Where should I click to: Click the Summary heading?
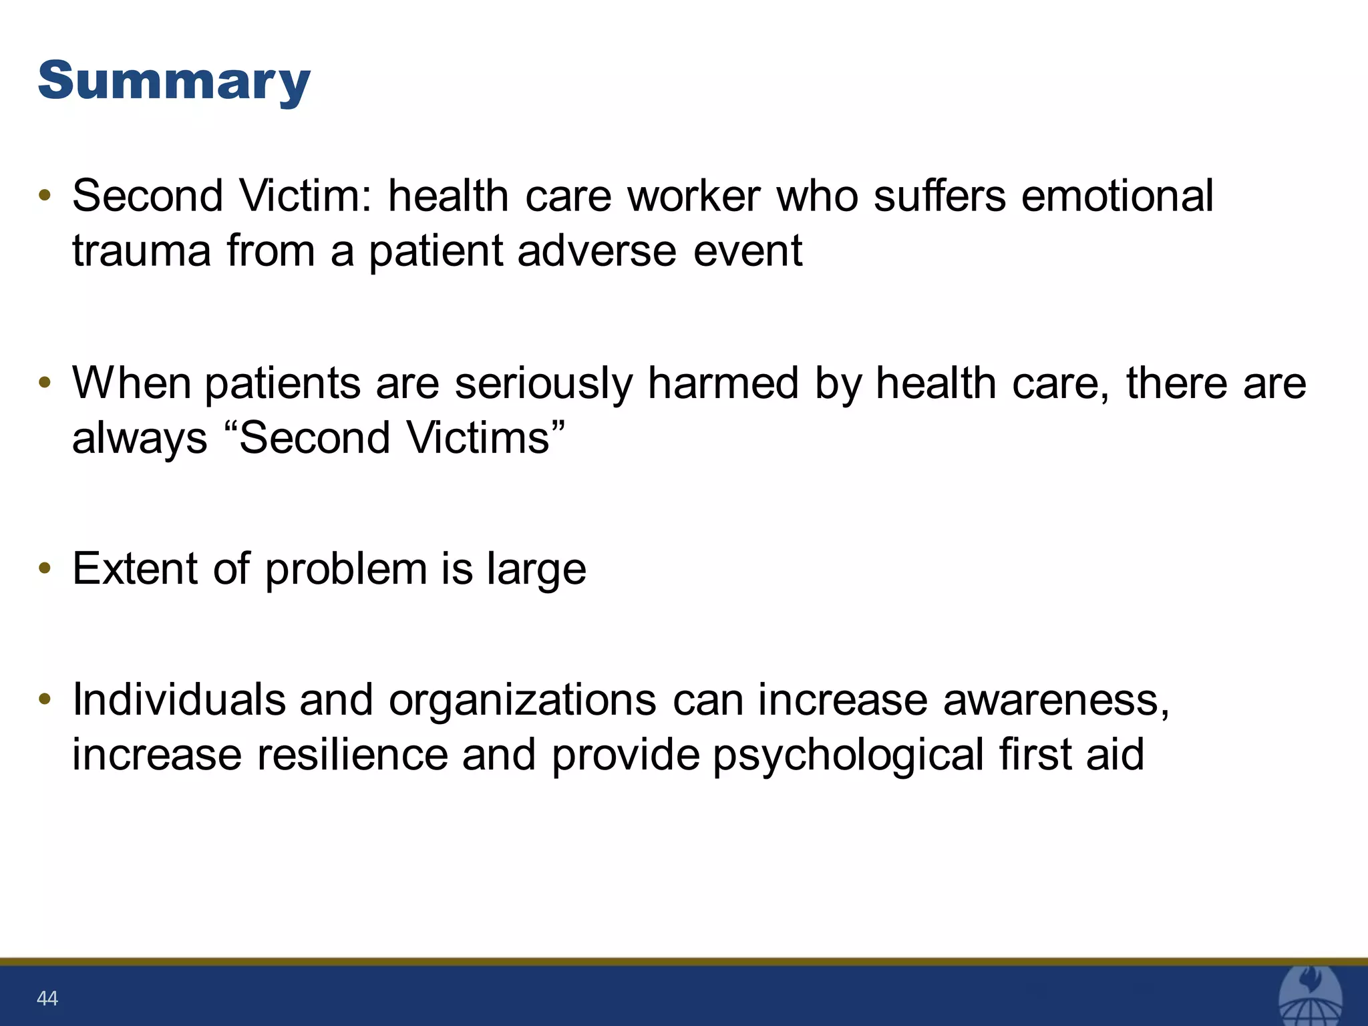174,81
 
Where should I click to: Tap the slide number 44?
47,998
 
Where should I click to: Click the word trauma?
141,251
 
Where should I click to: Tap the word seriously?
543,384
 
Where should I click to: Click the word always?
140,439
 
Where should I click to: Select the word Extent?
135,569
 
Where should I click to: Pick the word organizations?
522,701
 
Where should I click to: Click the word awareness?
1055,701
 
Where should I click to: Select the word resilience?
352,755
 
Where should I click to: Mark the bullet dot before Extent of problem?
45,568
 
